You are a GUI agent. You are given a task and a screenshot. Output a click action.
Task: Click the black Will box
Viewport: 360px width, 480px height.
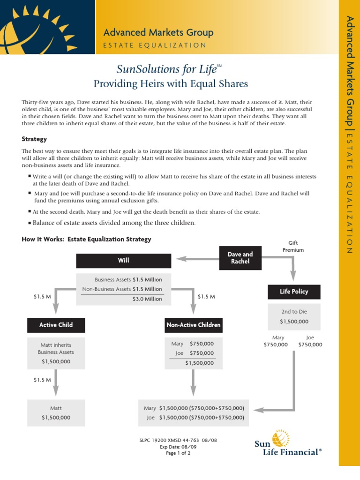pyautogui.click(x=124, y=261)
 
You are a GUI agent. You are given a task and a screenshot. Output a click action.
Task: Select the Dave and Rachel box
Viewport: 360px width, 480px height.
pyautogui.click(x=240, y=258)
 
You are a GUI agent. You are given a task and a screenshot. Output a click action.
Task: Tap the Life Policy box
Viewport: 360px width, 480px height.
pyautogui.click(x=294, y=292)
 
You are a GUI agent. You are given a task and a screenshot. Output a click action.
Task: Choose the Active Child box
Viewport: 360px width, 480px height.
pyautogui.click(x=56, y=324)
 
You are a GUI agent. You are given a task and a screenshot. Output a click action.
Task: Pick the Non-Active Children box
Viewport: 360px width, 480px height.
pyautogui.click(x=193, y=324)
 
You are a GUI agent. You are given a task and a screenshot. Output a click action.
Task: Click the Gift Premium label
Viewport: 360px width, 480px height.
pyautogui.click(x=293, y=247)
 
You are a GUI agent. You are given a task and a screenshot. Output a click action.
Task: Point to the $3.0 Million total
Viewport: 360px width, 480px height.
pyautogui.click(x=147, y=299)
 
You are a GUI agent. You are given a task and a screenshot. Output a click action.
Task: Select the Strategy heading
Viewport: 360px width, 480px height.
pyautogui.click(x=34, y=139)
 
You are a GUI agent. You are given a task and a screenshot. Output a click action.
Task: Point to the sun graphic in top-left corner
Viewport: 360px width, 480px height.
pyautogui.click(x=33, y=28)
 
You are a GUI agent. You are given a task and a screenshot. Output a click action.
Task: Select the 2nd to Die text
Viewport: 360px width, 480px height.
pyautogui.click(x=294, y=312)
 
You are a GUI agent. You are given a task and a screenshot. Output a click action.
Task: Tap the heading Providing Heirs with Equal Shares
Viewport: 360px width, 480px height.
pyautogui.click(x=171, y=84)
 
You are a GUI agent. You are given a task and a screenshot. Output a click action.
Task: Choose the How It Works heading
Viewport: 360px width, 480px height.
pyautogui.click(x=86, y=239)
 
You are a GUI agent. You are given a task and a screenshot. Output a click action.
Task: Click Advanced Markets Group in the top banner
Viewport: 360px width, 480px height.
pyautogui.click(x=158, y=32)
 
